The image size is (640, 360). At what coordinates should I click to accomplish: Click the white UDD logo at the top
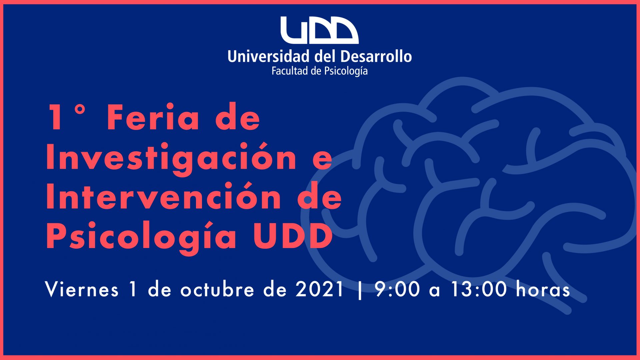pyautogui.click(x=319, y=30)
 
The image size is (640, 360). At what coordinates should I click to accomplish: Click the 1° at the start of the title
pyautogui.click(x=66, y=117)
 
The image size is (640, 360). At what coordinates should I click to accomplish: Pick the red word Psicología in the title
pyautogui.click(x=141, y=236)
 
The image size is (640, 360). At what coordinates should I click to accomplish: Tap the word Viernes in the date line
pyautogui.click(x=82, y=289)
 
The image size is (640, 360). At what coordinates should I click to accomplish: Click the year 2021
pyautogui.click(x=319, y=289)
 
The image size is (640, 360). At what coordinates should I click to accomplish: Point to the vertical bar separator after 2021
pyautogui.click(x=360, y=290)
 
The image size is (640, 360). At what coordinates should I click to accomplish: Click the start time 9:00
pyautogui.click(x=397, y=289)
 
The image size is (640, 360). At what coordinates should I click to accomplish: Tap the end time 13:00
pyautogui.click(x=479, y=289)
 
